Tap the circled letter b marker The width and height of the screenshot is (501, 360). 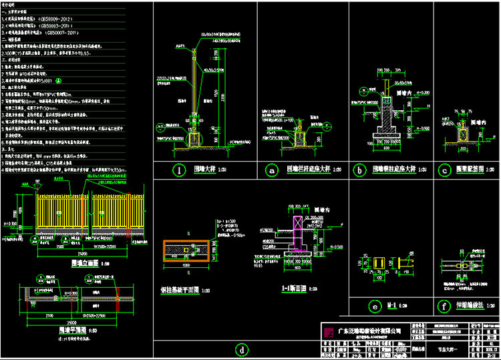tap(359, 170)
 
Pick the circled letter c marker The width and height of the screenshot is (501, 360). tap(444, 170)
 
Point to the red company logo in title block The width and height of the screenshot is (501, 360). tap(329, 332)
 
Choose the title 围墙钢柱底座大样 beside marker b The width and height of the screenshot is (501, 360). tap(394, 170)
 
